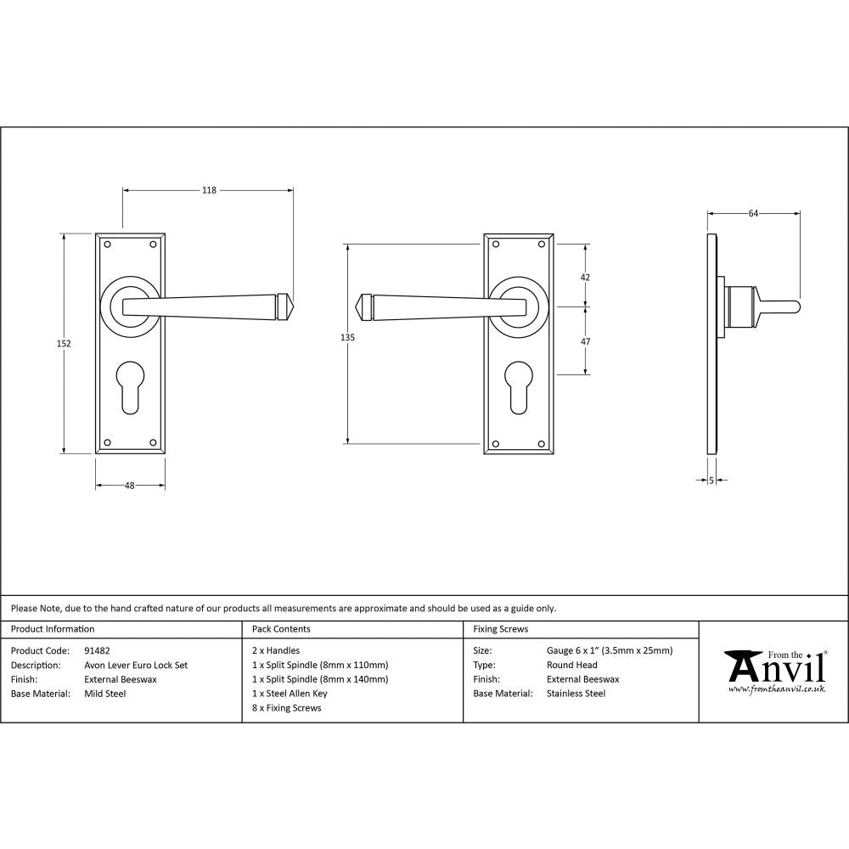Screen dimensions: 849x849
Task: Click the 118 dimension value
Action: (208, 190)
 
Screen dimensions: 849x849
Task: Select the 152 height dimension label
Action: (65, 344)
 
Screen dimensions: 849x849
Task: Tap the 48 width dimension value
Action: (130, 486)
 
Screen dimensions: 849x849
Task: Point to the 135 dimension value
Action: (346, 338)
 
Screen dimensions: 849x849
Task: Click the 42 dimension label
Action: (585, 278)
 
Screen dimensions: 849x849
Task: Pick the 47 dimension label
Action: (585, 341)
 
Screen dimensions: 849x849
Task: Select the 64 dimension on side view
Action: (753, 213)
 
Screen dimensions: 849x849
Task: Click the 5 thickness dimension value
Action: (711, 481)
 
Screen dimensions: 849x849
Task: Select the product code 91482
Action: (98, 651)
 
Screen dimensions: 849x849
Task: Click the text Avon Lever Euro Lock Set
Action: (136, 666)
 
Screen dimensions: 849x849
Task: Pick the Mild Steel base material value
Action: (105, 694)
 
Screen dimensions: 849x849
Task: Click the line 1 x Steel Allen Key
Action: (290, 694)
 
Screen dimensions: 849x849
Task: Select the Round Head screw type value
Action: (572, 666)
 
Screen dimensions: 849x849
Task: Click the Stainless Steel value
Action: (576, 694)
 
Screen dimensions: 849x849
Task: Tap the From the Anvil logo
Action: (773, 671)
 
